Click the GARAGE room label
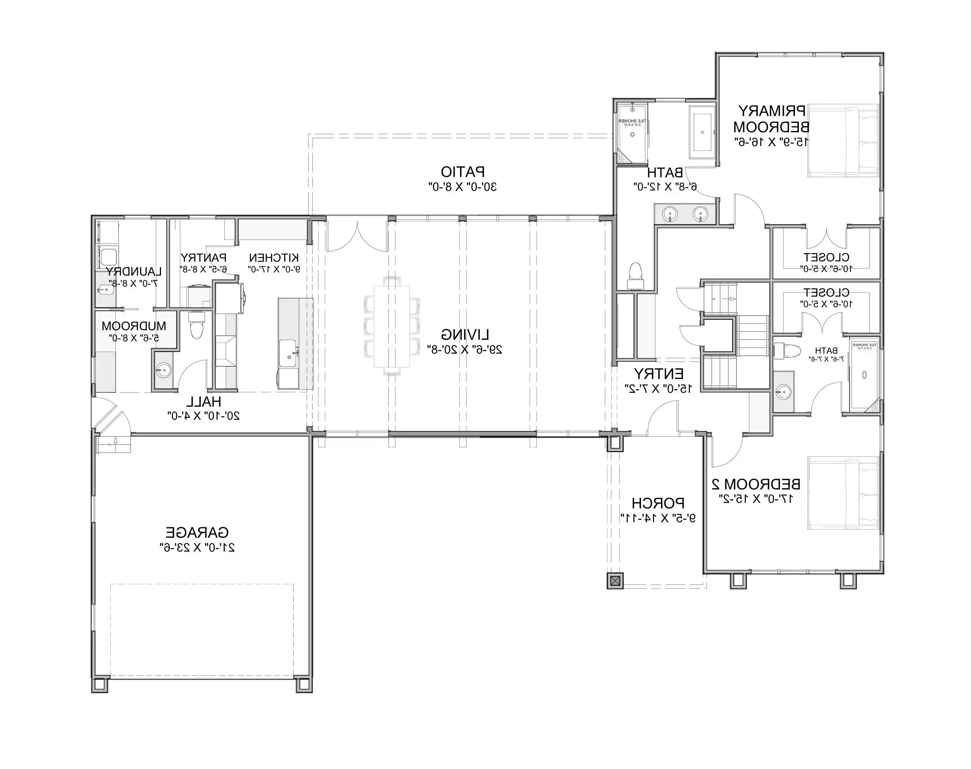click(x=197, y=533)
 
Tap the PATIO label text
click(x=463, y=172)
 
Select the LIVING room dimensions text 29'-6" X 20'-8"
click(x=465, y=349)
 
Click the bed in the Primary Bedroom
click(x=843, y=141)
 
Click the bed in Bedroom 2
click(x=843, y=493)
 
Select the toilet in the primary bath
click(x=635, y=276)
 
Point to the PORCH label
click(x=658, y=503)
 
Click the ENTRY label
click(x=658, y=374)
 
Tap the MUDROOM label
click(x=134, y=326)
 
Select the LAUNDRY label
click(x=134, y=272)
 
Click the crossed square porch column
click(x=615, y=581)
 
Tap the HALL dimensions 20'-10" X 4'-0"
click(x=203, y=415)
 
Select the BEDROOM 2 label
click(x=755, y=484)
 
